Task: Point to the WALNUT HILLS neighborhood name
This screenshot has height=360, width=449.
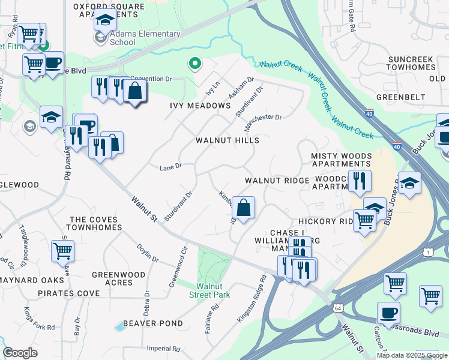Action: click(228, 140)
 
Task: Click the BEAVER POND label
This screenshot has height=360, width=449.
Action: click(153, 323)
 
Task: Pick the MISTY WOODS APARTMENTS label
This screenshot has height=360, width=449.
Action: click(341, 160)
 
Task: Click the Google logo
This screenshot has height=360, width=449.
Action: click(20, 353)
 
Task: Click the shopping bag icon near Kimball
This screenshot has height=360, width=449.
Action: click(244, 208)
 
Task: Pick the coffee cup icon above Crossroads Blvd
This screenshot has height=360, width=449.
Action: click(388, 313)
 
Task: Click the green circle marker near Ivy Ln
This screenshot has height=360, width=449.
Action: click(194, 62)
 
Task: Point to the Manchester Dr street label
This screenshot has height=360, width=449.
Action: click(263, 123)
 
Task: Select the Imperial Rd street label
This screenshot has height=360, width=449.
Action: click(163, 349)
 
